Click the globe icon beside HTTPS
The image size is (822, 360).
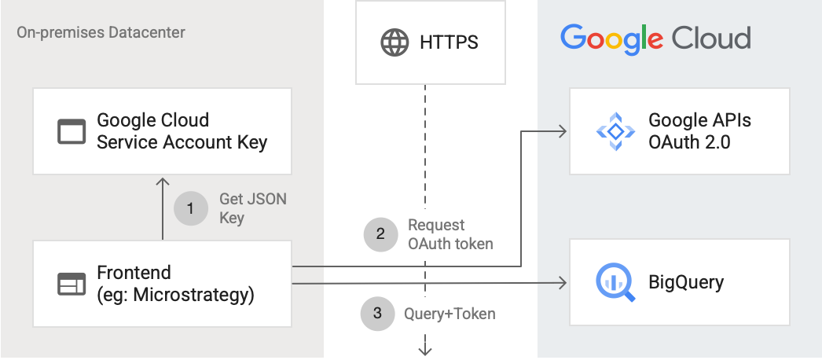click(394, 42)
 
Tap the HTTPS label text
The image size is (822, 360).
click(450, 42)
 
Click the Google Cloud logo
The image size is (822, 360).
click(655, 38)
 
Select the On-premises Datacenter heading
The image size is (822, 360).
click(101, 33)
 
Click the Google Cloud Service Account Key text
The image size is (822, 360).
click(182, 131)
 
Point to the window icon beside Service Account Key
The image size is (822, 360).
click(72, 131)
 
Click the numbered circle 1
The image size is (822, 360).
click(190, 208)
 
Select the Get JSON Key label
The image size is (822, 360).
click(252, 208)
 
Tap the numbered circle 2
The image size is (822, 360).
click(380, 233)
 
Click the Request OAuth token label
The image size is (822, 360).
click(450, 234)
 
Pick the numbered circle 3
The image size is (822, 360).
click(377, 314)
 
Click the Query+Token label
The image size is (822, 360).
click(450, 314)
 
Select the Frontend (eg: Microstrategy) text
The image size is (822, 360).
click(175, 284)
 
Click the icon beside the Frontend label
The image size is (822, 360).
click(72, 284)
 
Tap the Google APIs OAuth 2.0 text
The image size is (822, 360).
click(699, 131)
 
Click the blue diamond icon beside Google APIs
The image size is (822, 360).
click(615, 131)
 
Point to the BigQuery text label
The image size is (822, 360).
click(686, 282)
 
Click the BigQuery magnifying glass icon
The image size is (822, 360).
click(615, 283)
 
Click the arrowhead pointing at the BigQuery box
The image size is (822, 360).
click(563, 281)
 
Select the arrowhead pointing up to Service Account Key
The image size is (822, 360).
click(162, 183)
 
